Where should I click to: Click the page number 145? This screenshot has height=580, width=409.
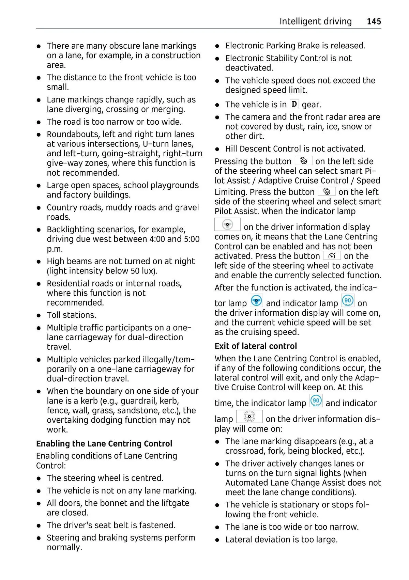click(x=374, y=21)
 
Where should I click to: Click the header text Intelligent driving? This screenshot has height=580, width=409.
click(x=315, y=21)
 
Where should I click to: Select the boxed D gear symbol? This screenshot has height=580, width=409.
click(x=294, y=104)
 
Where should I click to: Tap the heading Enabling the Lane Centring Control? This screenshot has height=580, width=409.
click(x=104, y=443)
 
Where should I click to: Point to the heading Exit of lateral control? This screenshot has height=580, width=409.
click(x=256, y=346)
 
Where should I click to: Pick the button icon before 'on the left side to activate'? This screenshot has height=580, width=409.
click(x=332, y=256)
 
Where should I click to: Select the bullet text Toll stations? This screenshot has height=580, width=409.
click(x=72, y=315)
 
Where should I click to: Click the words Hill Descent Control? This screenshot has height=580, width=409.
click(x=271, y=149)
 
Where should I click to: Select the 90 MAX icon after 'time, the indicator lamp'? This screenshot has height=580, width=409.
click(x=316, y=401)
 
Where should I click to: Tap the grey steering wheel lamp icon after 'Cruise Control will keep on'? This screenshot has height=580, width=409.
click(x=249, y=417)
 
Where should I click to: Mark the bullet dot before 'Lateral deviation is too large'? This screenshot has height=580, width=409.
click(x=217, y=540)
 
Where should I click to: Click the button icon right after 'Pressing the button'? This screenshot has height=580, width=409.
click(x=303, y=161)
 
